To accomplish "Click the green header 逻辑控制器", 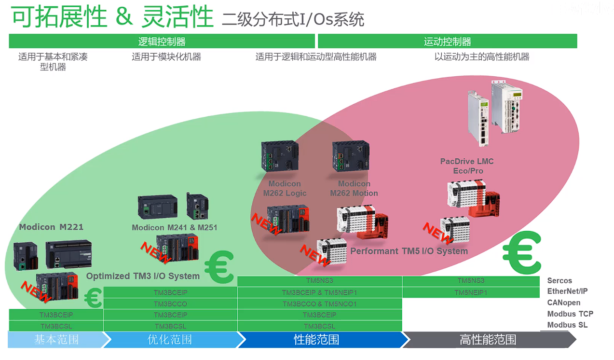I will tap(162, 42).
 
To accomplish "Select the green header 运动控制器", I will tap(447, 42).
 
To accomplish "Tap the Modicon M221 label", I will tap(51, 227).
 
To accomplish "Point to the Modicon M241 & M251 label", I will tap(175, 227).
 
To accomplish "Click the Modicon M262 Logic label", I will tap(285, 188).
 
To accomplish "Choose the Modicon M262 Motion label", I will tap(354, 188).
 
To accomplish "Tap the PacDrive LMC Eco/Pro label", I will tap(467, 166).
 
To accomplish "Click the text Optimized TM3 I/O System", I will tap(143, 276).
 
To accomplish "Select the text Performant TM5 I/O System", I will tap(409, 251).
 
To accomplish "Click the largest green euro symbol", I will tap(522, 252).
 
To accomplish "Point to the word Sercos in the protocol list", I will tap(559, 280).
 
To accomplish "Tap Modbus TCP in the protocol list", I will tap(570, 314).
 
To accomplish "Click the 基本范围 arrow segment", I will tap(56, 340).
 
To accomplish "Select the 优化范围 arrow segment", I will tap(169, 340).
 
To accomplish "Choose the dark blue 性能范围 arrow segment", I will tap(316, 340).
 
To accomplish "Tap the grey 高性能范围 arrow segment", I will tap(488, 340).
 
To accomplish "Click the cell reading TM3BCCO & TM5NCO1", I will tap(319, 304).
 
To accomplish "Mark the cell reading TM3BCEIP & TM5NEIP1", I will tap(319, 292).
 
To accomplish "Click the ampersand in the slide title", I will tap(124, 17).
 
